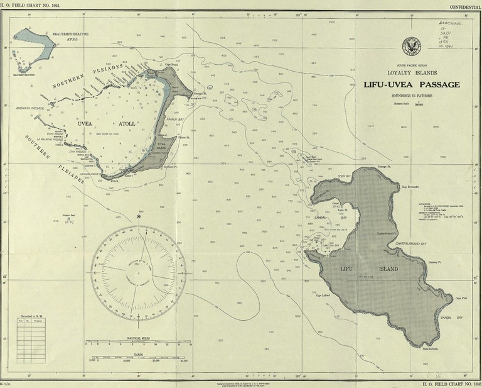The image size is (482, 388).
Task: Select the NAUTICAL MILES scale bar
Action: point(139,343)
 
